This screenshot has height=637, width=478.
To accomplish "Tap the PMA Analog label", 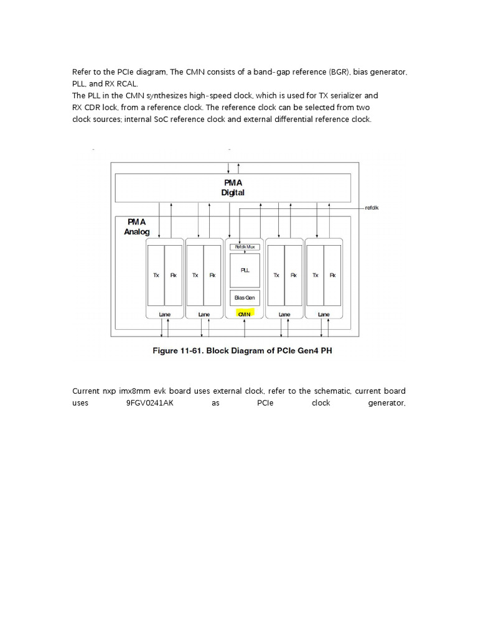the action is coord(137,226).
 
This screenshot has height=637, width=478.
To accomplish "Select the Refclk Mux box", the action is coord(244,247).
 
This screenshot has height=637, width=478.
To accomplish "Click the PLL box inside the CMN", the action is coord(244,270).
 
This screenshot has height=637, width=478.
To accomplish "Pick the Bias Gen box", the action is coord(244,297).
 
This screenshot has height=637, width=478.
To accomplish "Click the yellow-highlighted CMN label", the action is coord(244,315).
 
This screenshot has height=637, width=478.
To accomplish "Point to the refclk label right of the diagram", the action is coord(372,208).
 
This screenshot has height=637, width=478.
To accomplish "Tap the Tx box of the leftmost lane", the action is coord(156,274).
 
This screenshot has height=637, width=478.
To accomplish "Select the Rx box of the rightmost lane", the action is coord(332,274).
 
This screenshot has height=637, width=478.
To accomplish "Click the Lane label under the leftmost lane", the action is coord(164,315).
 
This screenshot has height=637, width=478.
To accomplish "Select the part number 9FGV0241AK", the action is coord(147,402).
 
